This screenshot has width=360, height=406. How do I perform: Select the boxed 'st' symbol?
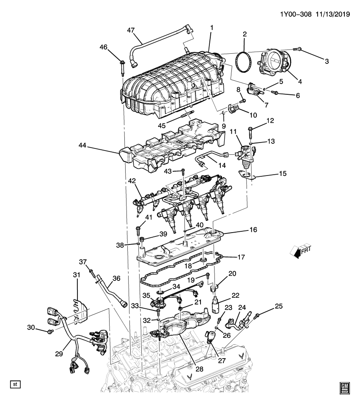pos(16,384)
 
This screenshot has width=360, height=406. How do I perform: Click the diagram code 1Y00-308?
pos(296,14)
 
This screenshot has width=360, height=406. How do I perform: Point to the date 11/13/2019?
pos(332,14)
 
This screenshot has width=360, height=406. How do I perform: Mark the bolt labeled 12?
pos(251,132)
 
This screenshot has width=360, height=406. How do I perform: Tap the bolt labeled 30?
pos(50,331)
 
